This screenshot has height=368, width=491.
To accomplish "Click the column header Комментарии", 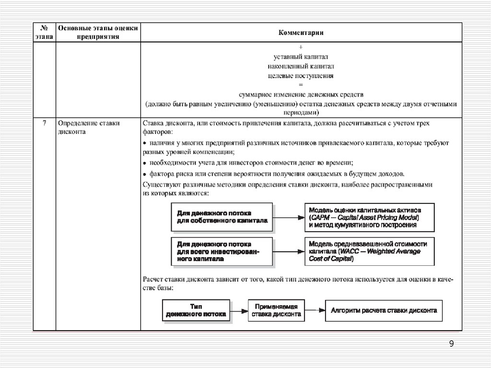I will [x=301, y=33].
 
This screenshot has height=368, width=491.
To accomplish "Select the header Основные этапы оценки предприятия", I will [x=98, y=33].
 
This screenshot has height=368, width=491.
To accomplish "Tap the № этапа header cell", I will [x=44, y=33].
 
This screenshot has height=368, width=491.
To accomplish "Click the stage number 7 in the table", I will [x=44, y=123].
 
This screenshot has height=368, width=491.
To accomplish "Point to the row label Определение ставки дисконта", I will [x=88, y=128].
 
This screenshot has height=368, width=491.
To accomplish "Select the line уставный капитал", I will [x=301, y=57].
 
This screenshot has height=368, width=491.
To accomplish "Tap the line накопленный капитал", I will [x=301, y=66].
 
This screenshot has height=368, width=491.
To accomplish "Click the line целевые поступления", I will [x=301, y=75].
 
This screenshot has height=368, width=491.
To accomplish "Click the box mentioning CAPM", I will [x=369, y=217].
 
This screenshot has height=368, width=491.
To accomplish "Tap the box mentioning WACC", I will [x=369, y=251].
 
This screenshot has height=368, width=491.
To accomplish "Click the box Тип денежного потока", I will [x=196, y=311].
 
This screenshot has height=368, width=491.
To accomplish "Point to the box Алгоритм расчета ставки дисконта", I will [x=384, y=311].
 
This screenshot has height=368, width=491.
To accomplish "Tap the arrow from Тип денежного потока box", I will [x=239, y=311].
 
